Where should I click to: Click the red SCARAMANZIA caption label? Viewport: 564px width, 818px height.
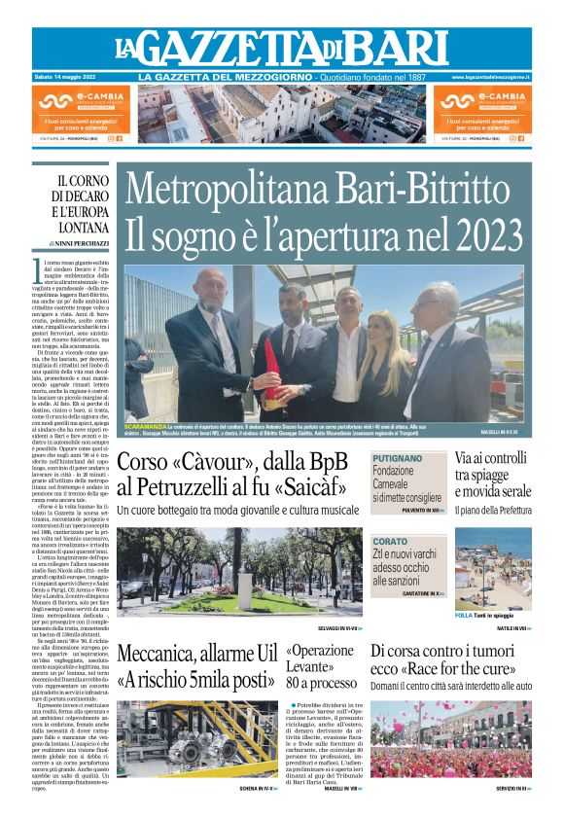pyautogui.click(x=145, y=428)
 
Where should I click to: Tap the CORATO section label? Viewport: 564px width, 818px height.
pyautogui.click(x=390, y=541)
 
